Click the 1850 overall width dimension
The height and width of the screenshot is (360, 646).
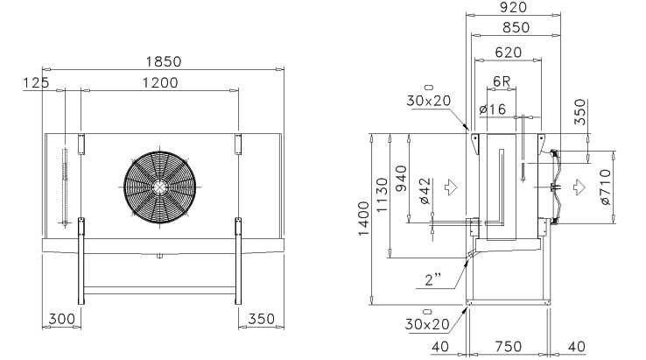coord(163,61)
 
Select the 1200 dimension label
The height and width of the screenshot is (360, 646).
coord(160,83)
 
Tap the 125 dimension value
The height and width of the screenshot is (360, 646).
coord(36,83)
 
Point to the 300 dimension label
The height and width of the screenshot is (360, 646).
coord(62,319)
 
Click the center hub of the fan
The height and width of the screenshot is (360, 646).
coord(159,187)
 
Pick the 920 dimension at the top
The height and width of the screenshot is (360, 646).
coord(513,7)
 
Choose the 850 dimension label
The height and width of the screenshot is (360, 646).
coord(516,27)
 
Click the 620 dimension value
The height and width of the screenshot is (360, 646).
coord(509,53)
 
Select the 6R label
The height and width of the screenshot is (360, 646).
coord(502,81)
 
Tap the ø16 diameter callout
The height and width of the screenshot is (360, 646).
coord(493,109)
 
